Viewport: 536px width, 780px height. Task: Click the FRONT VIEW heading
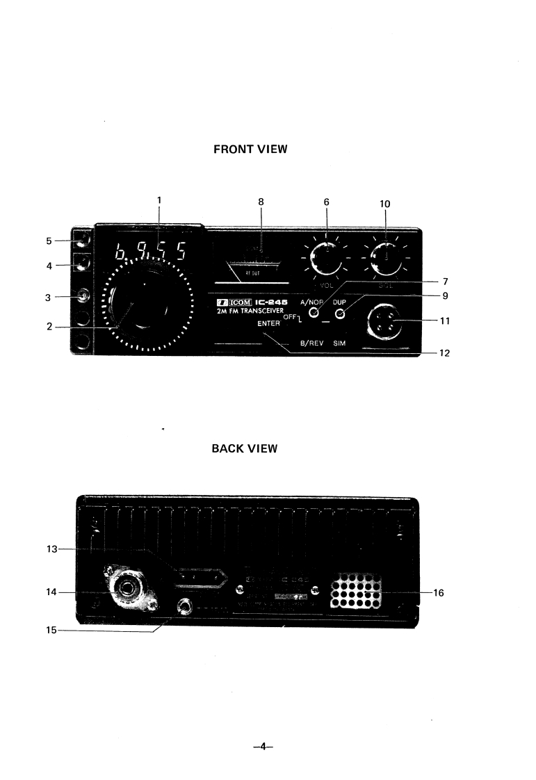pyautogui.click(x=250, y=149)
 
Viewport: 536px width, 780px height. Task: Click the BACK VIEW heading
pyautogui.click(x=244, y=448)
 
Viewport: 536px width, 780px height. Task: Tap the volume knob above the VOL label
pyautogui.click(x=325, y=259)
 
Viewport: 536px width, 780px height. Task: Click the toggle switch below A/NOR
pyautogui.click(x=314, y=314)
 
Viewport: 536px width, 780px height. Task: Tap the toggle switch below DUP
pyautogui.click(x=340, y=314)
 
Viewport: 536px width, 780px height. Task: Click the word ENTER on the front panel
pyautogui.click(x=268, y=324)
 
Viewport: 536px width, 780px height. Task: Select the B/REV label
pyautogui.click(x=311, y=343)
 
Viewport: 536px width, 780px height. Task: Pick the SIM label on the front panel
pyautogui.click(x=340, y=343)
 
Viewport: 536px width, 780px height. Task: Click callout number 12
pyautogui.click(x=445, y=353)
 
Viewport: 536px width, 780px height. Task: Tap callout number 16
pyautogui.click(x=439, y=593)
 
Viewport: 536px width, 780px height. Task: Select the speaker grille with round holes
pyautogui.click(x=357, y=590)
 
